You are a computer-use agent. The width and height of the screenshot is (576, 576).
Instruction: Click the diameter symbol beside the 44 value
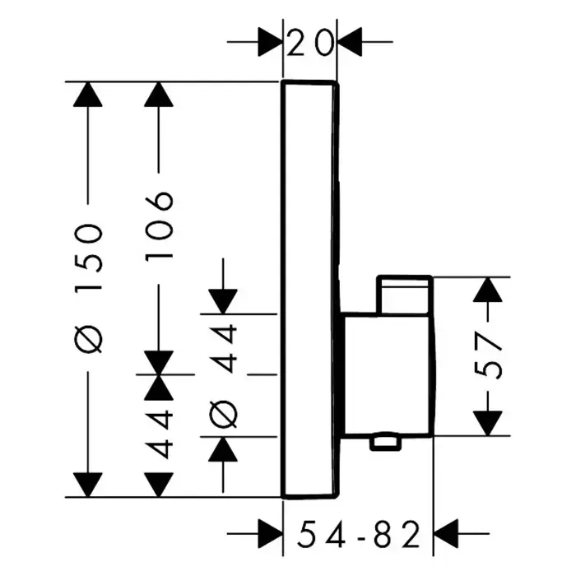point(224,412)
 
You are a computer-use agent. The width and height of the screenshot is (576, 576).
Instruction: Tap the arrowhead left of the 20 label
point(270,39)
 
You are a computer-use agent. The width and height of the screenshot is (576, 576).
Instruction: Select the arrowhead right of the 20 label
point(350,39)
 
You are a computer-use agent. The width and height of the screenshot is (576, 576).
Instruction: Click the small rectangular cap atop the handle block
point(403,294)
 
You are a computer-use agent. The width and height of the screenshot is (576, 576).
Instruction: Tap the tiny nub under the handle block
point(385,444)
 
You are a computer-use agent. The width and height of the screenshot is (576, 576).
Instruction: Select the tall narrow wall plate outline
point(309,288)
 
